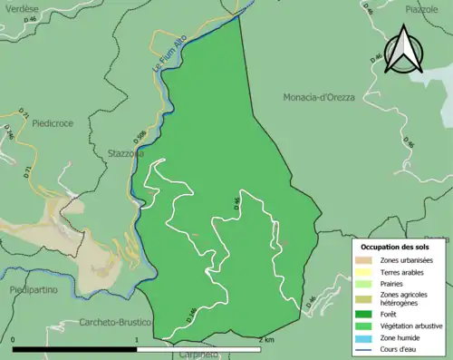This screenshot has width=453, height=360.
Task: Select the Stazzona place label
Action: [126, 153]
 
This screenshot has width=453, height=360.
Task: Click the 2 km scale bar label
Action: [265, 340]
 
